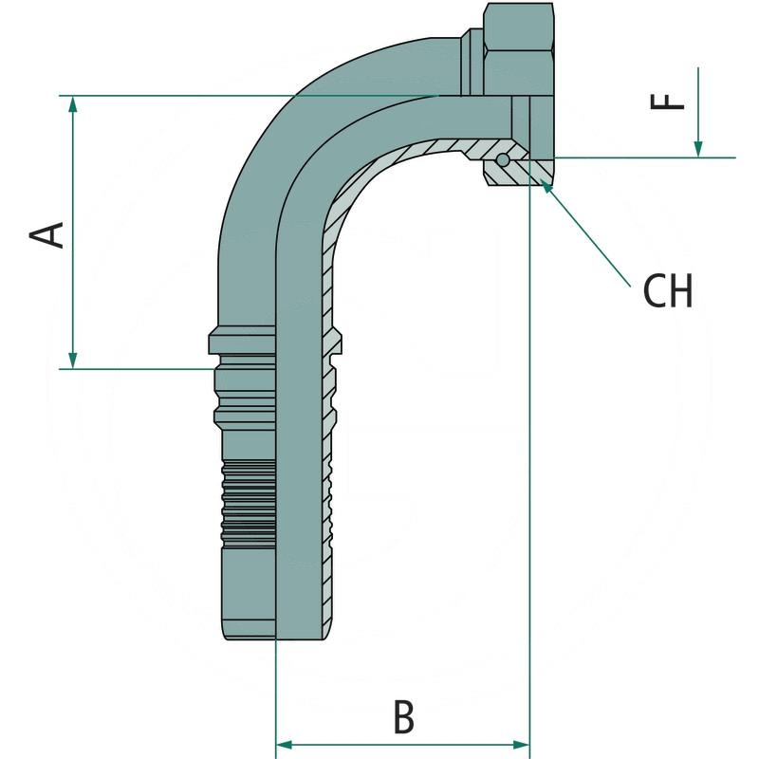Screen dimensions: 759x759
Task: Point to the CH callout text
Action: (x=668, y=292)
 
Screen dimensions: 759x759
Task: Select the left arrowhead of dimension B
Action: (x=283, y=744)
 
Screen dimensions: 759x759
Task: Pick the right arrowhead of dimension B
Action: (x=521, y=744)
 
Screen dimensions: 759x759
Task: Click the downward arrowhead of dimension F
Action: (x=698, y=149)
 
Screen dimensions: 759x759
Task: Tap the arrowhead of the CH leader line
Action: (x=547, y=186)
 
